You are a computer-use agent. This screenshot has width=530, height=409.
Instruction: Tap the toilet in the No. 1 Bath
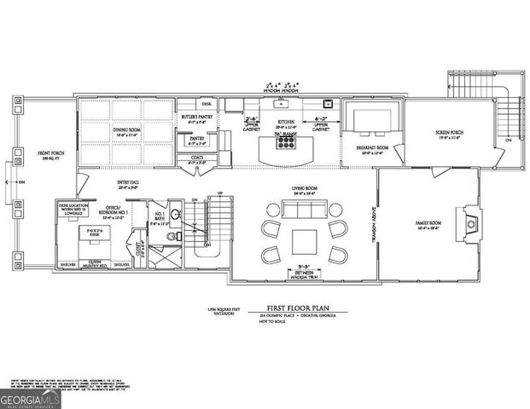coord(172,236)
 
